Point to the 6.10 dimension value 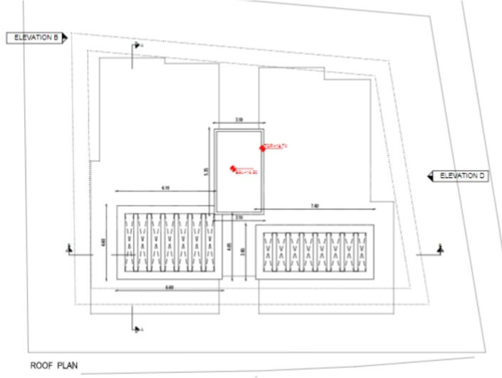pos(165,188)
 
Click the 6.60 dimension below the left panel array pos(168,287)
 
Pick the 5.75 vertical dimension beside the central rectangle pos(206,171)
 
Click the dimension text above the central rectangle pos(239,121)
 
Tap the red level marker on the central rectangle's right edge pos(263,148)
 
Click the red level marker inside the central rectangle pos(232,169)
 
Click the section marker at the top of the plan pos(134,47)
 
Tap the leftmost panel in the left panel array pos(130,245)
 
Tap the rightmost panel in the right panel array pos(360,251)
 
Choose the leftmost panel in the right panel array pos(269,251)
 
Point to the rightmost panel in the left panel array pos(207,245)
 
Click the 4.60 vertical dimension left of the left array pos(104,242)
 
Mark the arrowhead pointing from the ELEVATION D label pos(429,175)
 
